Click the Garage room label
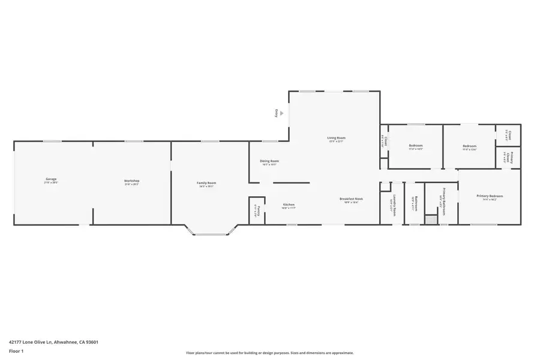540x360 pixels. coord(51,179)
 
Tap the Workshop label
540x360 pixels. coord(131,181)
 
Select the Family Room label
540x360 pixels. coord(206,183)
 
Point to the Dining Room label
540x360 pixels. coord(269,161)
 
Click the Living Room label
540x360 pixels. coord(336,138)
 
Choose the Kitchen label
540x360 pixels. coord(289,205)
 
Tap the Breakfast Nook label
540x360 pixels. coord(351,199)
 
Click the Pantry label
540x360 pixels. coord(256,210)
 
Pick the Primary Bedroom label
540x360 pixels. coord(490,196)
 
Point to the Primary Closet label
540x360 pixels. coord(509,157)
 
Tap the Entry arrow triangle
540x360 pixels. coord(282,112)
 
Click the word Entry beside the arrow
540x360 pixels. coord(276,112)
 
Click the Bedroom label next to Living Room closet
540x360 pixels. coord(416,146)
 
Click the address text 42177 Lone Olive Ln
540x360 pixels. coord(53,342)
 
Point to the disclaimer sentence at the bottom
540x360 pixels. coord(269,353)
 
